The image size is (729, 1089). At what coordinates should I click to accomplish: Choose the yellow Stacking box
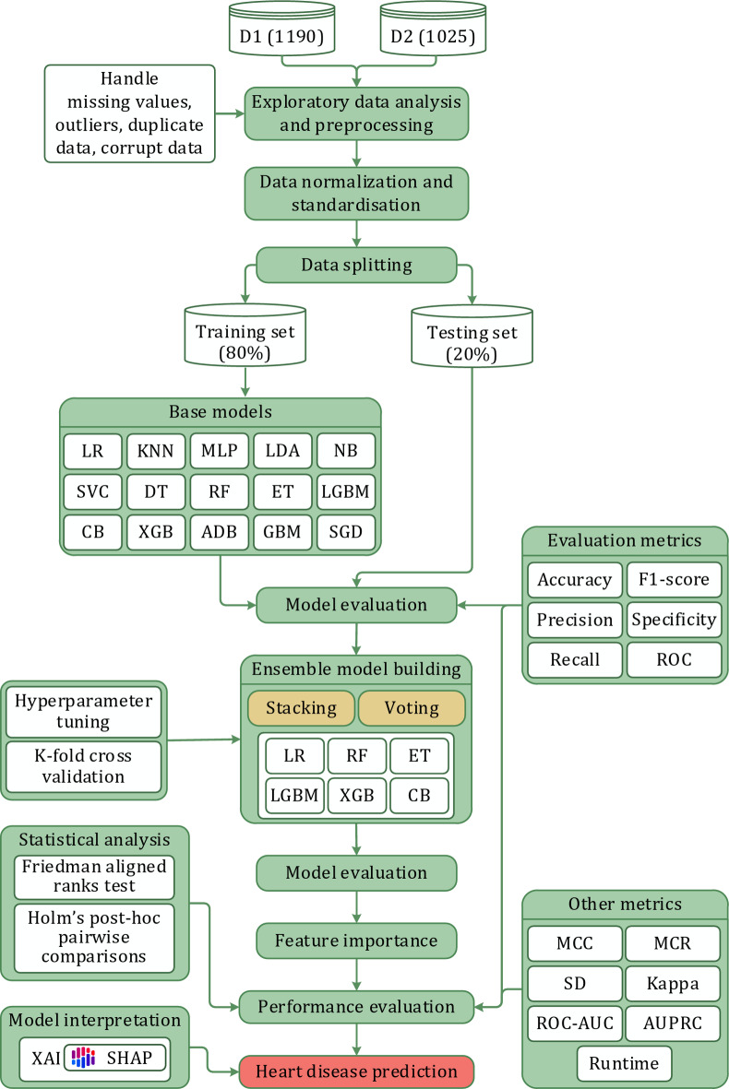click(x=300, y=708)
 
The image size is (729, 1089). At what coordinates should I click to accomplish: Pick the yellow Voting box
click(x=412, y=708)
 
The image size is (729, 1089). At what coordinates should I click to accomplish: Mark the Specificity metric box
click(x=674, y=620)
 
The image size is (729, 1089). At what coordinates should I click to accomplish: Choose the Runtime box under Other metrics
click(x=624, y=1063)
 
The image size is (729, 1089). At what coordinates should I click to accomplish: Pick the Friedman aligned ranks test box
click(x=95, y=876)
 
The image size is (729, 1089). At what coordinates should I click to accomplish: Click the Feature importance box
click(x=356, y=941)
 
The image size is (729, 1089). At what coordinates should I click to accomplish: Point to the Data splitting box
click(x=356, y=265)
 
